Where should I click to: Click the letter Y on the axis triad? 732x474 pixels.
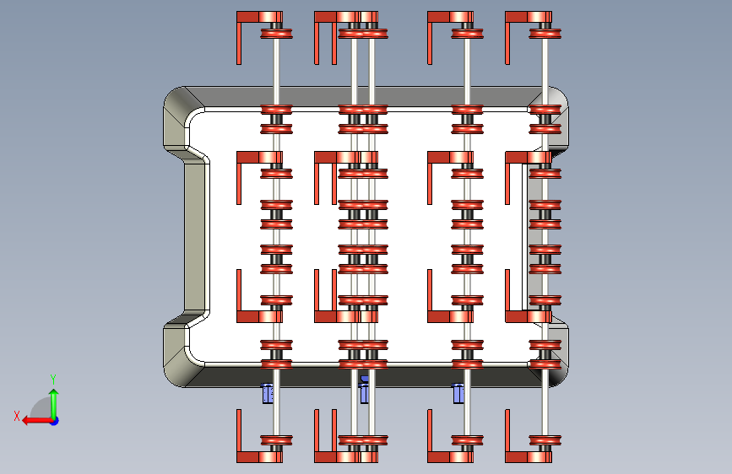53,379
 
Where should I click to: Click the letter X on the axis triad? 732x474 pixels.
17,415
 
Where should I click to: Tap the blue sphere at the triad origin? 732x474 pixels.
53,419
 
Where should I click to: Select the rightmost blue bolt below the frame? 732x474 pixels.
458,393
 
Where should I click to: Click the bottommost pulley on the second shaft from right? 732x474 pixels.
468,439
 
